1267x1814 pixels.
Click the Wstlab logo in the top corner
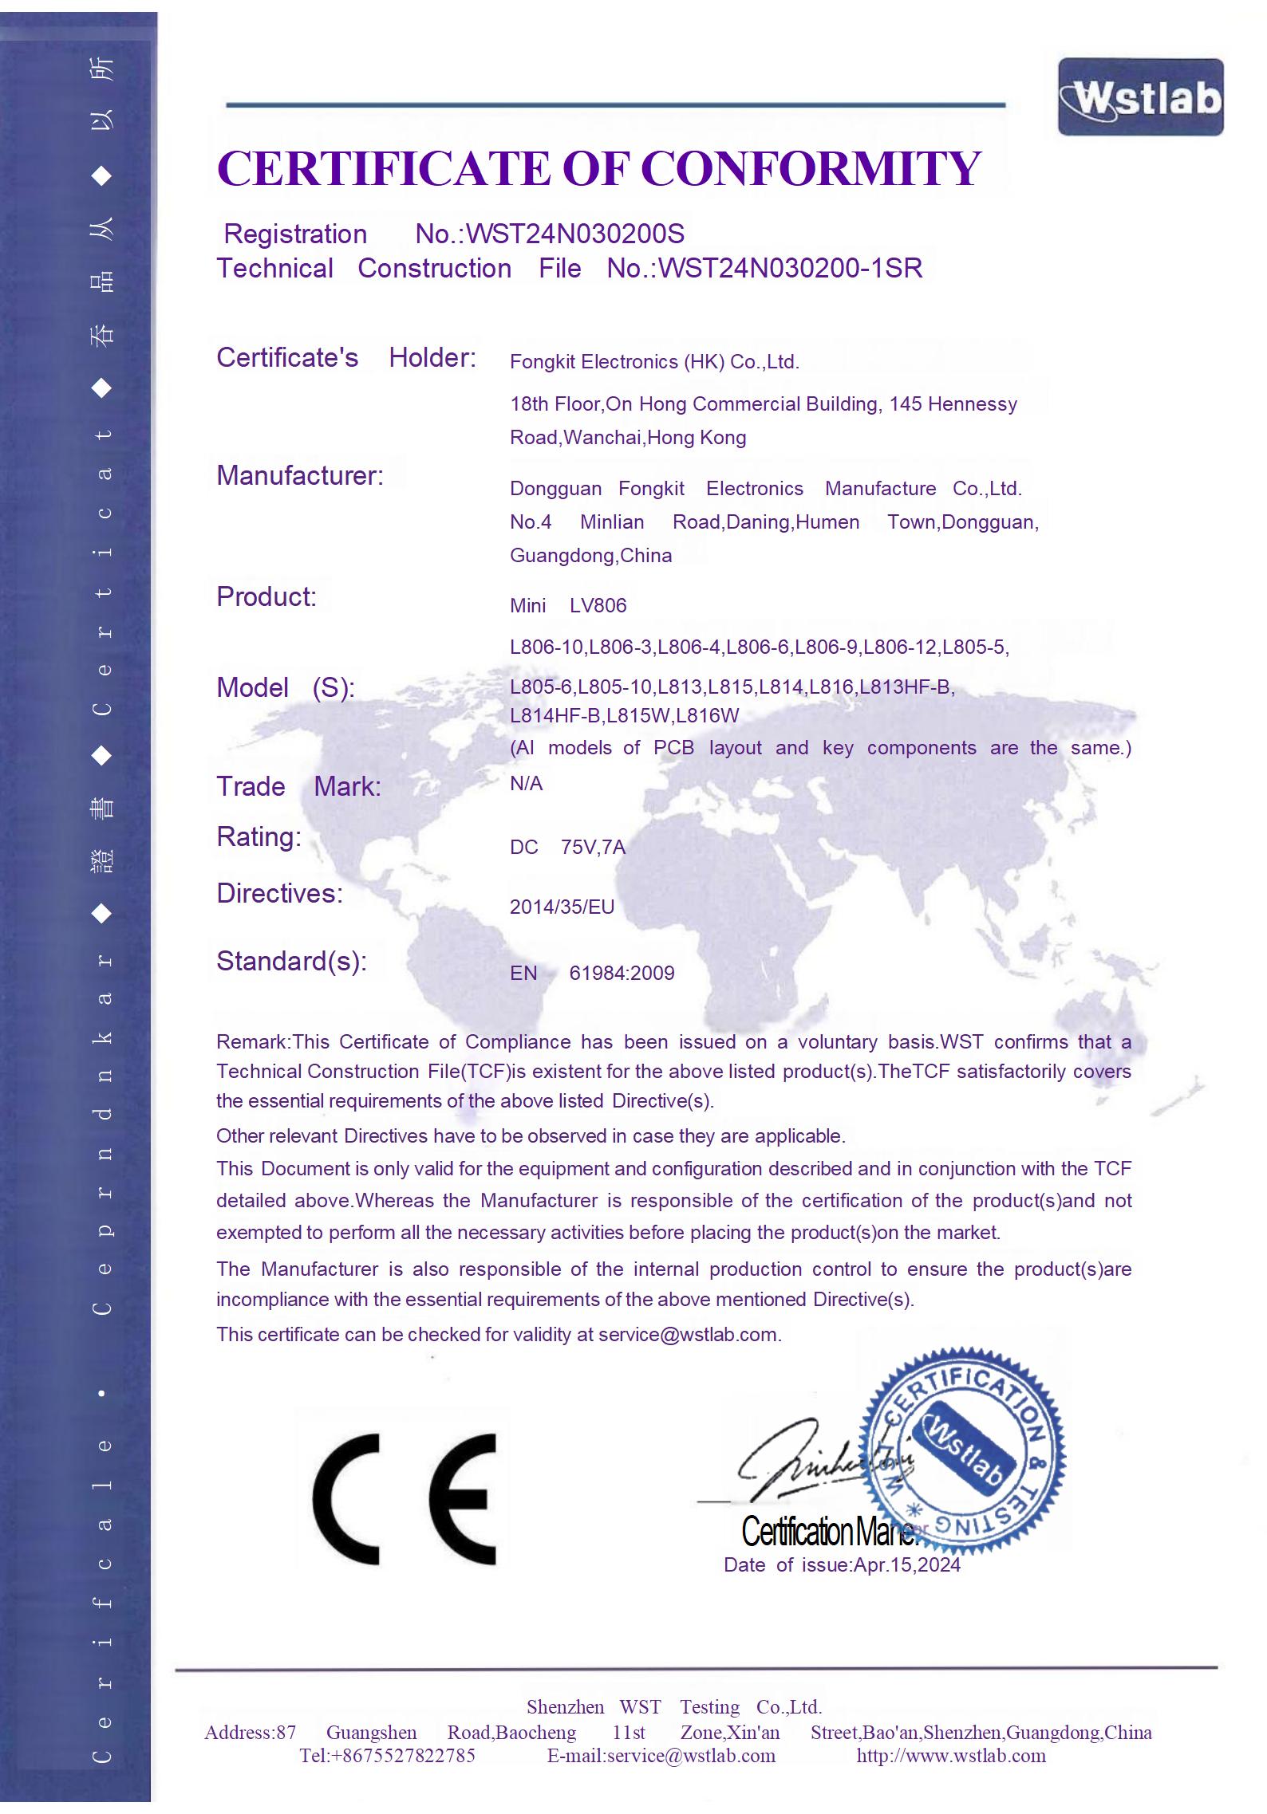1140,97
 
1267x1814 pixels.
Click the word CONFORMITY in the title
811,168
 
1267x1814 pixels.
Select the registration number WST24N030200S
574,234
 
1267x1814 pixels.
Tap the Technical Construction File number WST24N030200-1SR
790,269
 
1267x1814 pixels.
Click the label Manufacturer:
300,476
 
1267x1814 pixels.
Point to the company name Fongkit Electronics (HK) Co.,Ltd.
654,362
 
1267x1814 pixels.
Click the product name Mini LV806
568,606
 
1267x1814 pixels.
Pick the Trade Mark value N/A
526,784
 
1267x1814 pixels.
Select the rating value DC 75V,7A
567,847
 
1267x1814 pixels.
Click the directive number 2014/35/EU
562,907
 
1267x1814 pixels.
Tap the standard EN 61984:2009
592,973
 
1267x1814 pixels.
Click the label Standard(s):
291,962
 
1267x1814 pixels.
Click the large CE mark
404,1499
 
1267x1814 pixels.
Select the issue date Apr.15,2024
906,1564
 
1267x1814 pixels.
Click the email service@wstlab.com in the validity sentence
688,1335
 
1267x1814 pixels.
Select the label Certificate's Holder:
345,358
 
